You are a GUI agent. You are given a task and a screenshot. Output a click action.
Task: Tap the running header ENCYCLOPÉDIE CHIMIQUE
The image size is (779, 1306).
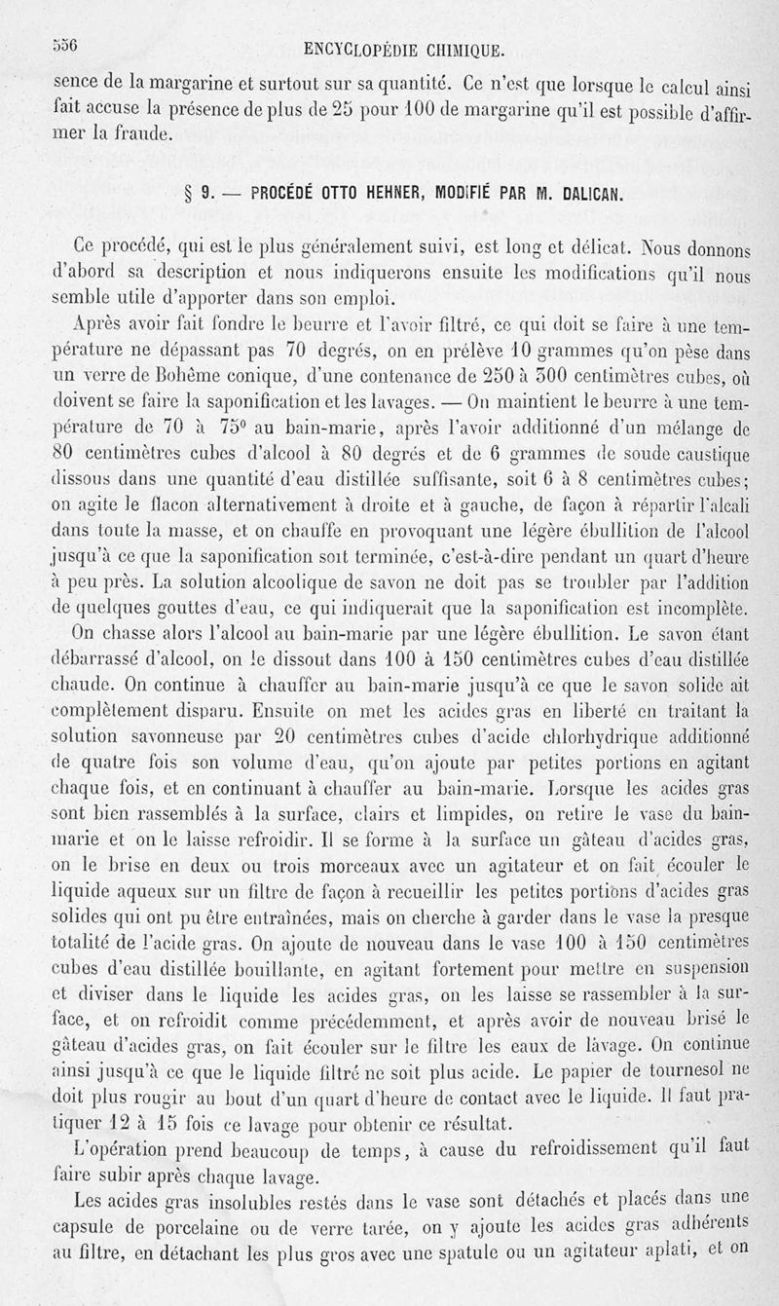pos(403,49)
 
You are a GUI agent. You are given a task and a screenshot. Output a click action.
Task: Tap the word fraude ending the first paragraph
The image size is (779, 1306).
pos(143,131)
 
